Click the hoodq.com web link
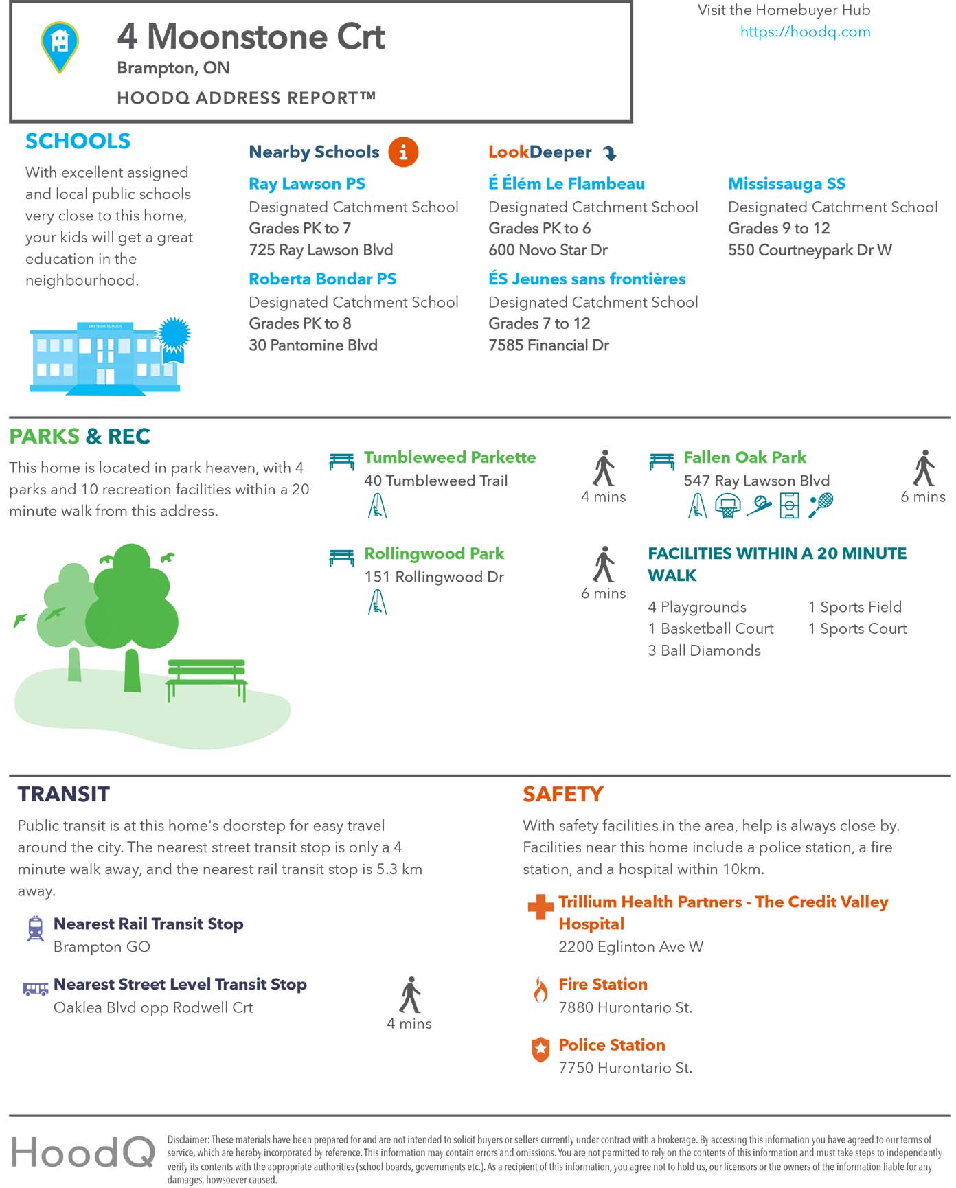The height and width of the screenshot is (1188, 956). coord(805,32)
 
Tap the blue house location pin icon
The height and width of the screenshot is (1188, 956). coord(60,45)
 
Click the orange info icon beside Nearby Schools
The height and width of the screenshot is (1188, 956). coord(403,152)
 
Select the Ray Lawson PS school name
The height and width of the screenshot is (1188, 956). coord(307,183)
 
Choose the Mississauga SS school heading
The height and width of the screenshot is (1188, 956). coord(786,183)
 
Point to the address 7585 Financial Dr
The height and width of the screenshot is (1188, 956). coord(548,345)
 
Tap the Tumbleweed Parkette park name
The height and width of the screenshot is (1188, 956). coord(450,457)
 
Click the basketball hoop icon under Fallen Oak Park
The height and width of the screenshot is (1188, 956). coord(727,506)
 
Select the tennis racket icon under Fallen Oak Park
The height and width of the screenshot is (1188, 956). coord(821,505)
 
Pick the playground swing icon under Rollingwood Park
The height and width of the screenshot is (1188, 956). coord(377,602)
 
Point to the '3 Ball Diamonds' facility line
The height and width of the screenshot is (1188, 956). coord(704,650)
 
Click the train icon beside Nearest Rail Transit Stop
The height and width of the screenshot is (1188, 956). coord(35,928)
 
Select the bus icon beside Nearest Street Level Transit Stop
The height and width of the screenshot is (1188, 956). coord(35,988)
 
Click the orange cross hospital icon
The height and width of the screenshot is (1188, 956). coord(540,906)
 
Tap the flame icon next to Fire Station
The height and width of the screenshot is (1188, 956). coord(541,990)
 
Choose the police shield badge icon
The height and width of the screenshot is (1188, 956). coord(541,1049)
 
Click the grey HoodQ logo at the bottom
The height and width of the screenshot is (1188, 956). coord(83,1151)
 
